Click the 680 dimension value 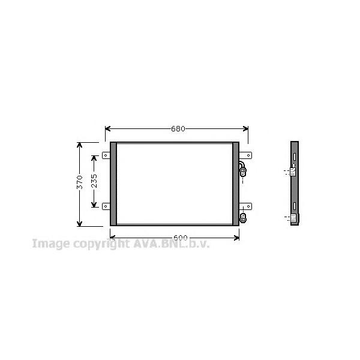pos(178,129)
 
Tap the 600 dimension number pos(181,238)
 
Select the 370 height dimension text pos(79,182)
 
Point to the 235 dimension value pos(94,181)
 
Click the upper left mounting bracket pos(106,155)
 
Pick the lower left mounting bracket pos(106,206)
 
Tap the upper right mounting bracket pos(245,155)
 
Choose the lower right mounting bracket pos(245,206)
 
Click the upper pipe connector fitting pos(242,169)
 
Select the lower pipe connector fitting pos(242,218)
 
